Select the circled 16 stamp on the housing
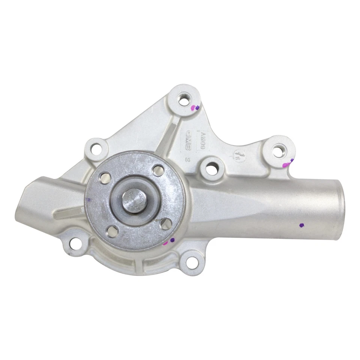pyautogui.click(x=237, y=155)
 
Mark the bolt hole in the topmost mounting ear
pyautogui.click(x=183, y=100)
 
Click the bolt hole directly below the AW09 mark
pyautogui.click(x=211, y=168)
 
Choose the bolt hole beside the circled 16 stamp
pyautogui.click(x=278, y=151)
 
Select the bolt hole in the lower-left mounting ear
pyautogui.click(x=75, y=244)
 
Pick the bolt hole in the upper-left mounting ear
pyautogui.click(x=97, y=149)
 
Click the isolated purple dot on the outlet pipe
pyautogui.click(x=301, y=225)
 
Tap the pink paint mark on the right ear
pyautogui.click(x=286, y=164)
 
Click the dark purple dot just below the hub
pyautogui.click(x=172, y=240)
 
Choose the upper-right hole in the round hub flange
pyautogui.click(x=158, y=171)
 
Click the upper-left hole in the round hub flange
pyautogui.click(x=105, y=177)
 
